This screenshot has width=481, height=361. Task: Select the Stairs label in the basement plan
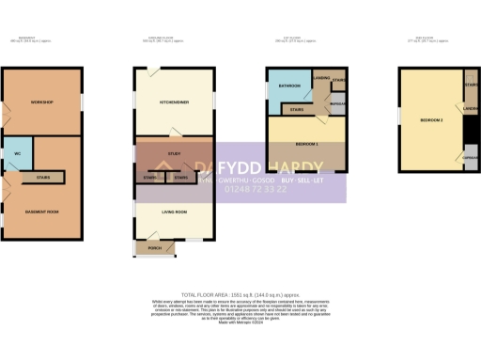[x=43, y=176]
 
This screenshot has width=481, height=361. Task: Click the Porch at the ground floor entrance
[x=155, y=248]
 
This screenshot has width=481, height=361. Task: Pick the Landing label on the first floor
[x=320, y=79]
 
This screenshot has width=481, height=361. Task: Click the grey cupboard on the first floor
[x=336, y=102]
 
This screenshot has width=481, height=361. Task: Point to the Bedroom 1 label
[x=306, y=143]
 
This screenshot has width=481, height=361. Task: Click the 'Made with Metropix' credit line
[x=240, y=322]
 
